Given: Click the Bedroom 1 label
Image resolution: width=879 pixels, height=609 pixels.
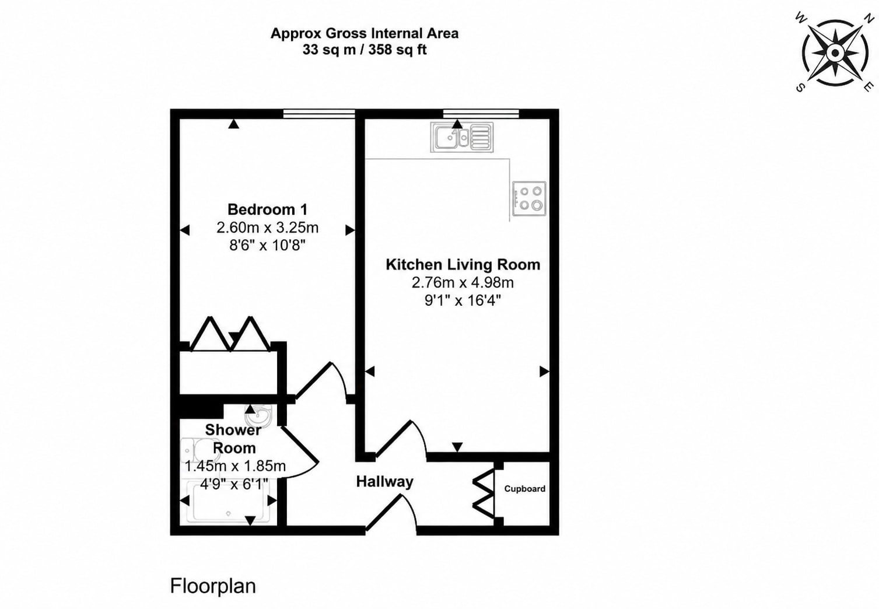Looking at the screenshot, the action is pyautogui.click(x=267, y=209).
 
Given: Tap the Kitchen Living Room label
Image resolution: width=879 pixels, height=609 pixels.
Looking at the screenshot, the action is pyautogui.click(x=463, y=264).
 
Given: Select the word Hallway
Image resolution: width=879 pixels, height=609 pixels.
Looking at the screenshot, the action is pyautogui.click(x=384, y=482).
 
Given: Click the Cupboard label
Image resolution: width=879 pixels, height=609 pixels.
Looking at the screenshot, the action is pyautogui.click(x=524, y=488).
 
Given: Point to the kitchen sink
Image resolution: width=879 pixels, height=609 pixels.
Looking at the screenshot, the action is pyautogui.click(x=462, y=137).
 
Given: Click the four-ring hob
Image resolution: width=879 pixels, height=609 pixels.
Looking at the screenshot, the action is pyautogui.click(x=529, y=198).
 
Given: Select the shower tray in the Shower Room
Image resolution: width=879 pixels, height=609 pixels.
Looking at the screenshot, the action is pyautogui.click(x=228, y=502).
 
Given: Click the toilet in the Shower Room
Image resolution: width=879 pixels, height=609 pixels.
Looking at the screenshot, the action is pyautogui.click(x=196, y=452).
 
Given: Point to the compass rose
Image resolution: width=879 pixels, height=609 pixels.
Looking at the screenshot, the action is pyautogui.click(x=835, y=52).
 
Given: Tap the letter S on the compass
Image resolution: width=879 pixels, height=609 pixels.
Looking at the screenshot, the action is pyautogui.click(x=800, y=88).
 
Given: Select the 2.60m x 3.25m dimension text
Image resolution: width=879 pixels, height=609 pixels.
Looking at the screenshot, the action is pyautogui.click(x=267, y=228).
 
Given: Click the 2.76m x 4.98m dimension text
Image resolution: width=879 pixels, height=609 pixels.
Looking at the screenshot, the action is pyautogui.click(x=463, y=282).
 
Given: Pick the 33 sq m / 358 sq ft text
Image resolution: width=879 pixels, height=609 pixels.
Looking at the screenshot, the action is pyautogui.click(x=365, y=50).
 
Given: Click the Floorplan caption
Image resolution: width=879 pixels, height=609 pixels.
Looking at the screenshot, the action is pyautogui.click(x=213, y=586).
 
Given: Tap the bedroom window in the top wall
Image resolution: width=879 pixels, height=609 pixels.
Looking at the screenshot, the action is pyautogui.click(x=319, y=114).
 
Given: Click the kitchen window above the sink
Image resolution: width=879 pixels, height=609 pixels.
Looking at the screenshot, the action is pyautogui.click(x=481, y=114).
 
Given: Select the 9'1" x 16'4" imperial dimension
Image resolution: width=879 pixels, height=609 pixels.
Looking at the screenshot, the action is pyautogui.click(x=463, y=300).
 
